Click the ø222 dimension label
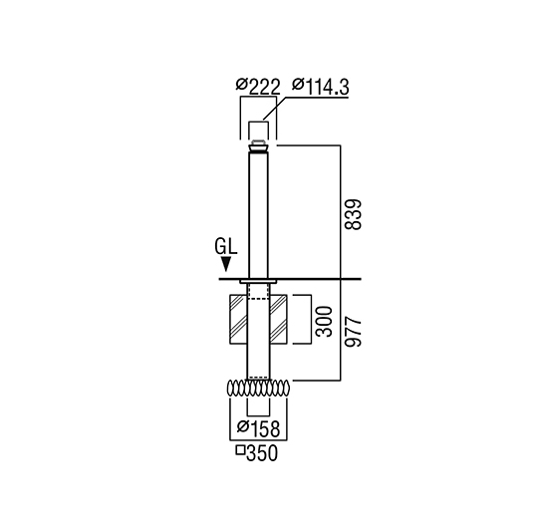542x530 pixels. coord(258,86)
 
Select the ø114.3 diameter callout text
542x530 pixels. coord(321,86)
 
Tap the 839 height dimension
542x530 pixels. coord(353,214)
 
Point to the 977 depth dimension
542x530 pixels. coord(353,331)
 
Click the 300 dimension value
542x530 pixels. coord(324,322)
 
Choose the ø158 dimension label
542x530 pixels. coord(258,428)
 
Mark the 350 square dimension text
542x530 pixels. coord(262,452)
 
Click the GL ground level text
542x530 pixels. coord(226,247)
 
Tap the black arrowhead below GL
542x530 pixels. coord(226,264)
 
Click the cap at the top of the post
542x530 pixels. coord(258,145)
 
